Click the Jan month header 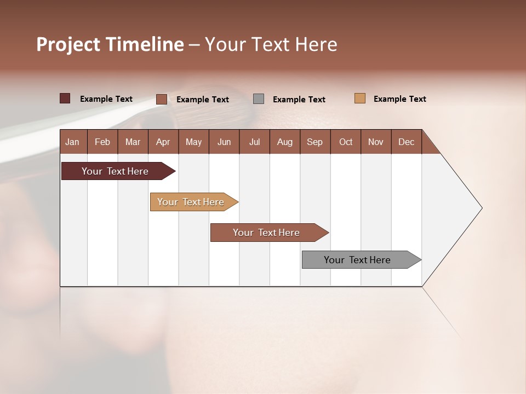pos(73,142)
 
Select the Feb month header pos(102,142)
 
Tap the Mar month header pos(133,142)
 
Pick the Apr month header pos(163,142)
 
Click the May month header pos(193,142)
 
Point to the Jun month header pos(224,142)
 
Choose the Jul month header pos(254,142)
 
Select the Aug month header pos(284,142)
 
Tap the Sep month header pos(315,142)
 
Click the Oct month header pos(346,142)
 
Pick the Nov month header pos(376,142)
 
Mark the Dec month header pos(407,142)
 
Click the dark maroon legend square pos(65,99)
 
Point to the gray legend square pos(259,99)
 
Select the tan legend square pos(360,99)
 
